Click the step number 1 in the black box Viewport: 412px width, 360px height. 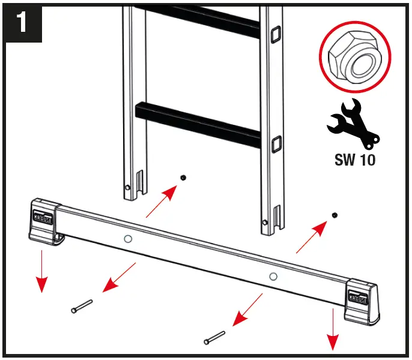(22, 23)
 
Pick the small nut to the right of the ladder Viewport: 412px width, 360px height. (335, 215)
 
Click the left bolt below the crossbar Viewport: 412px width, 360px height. (81, 306)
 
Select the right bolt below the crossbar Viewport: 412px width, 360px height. (214, 337)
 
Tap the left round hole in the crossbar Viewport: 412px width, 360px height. (127, 239)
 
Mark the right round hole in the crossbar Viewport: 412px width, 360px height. (273, 276)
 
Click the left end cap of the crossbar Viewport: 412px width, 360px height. (44, 221)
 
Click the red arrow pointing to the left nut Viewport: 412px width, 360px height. (162, 202)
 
